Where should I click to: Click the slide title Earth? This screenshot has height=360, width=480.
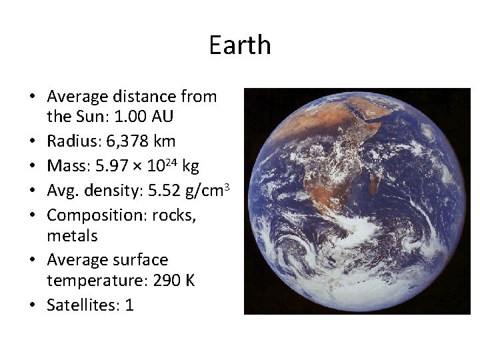tap(239, 45)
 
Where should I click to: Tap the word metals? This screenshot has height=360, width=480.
tap(73, 235)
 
